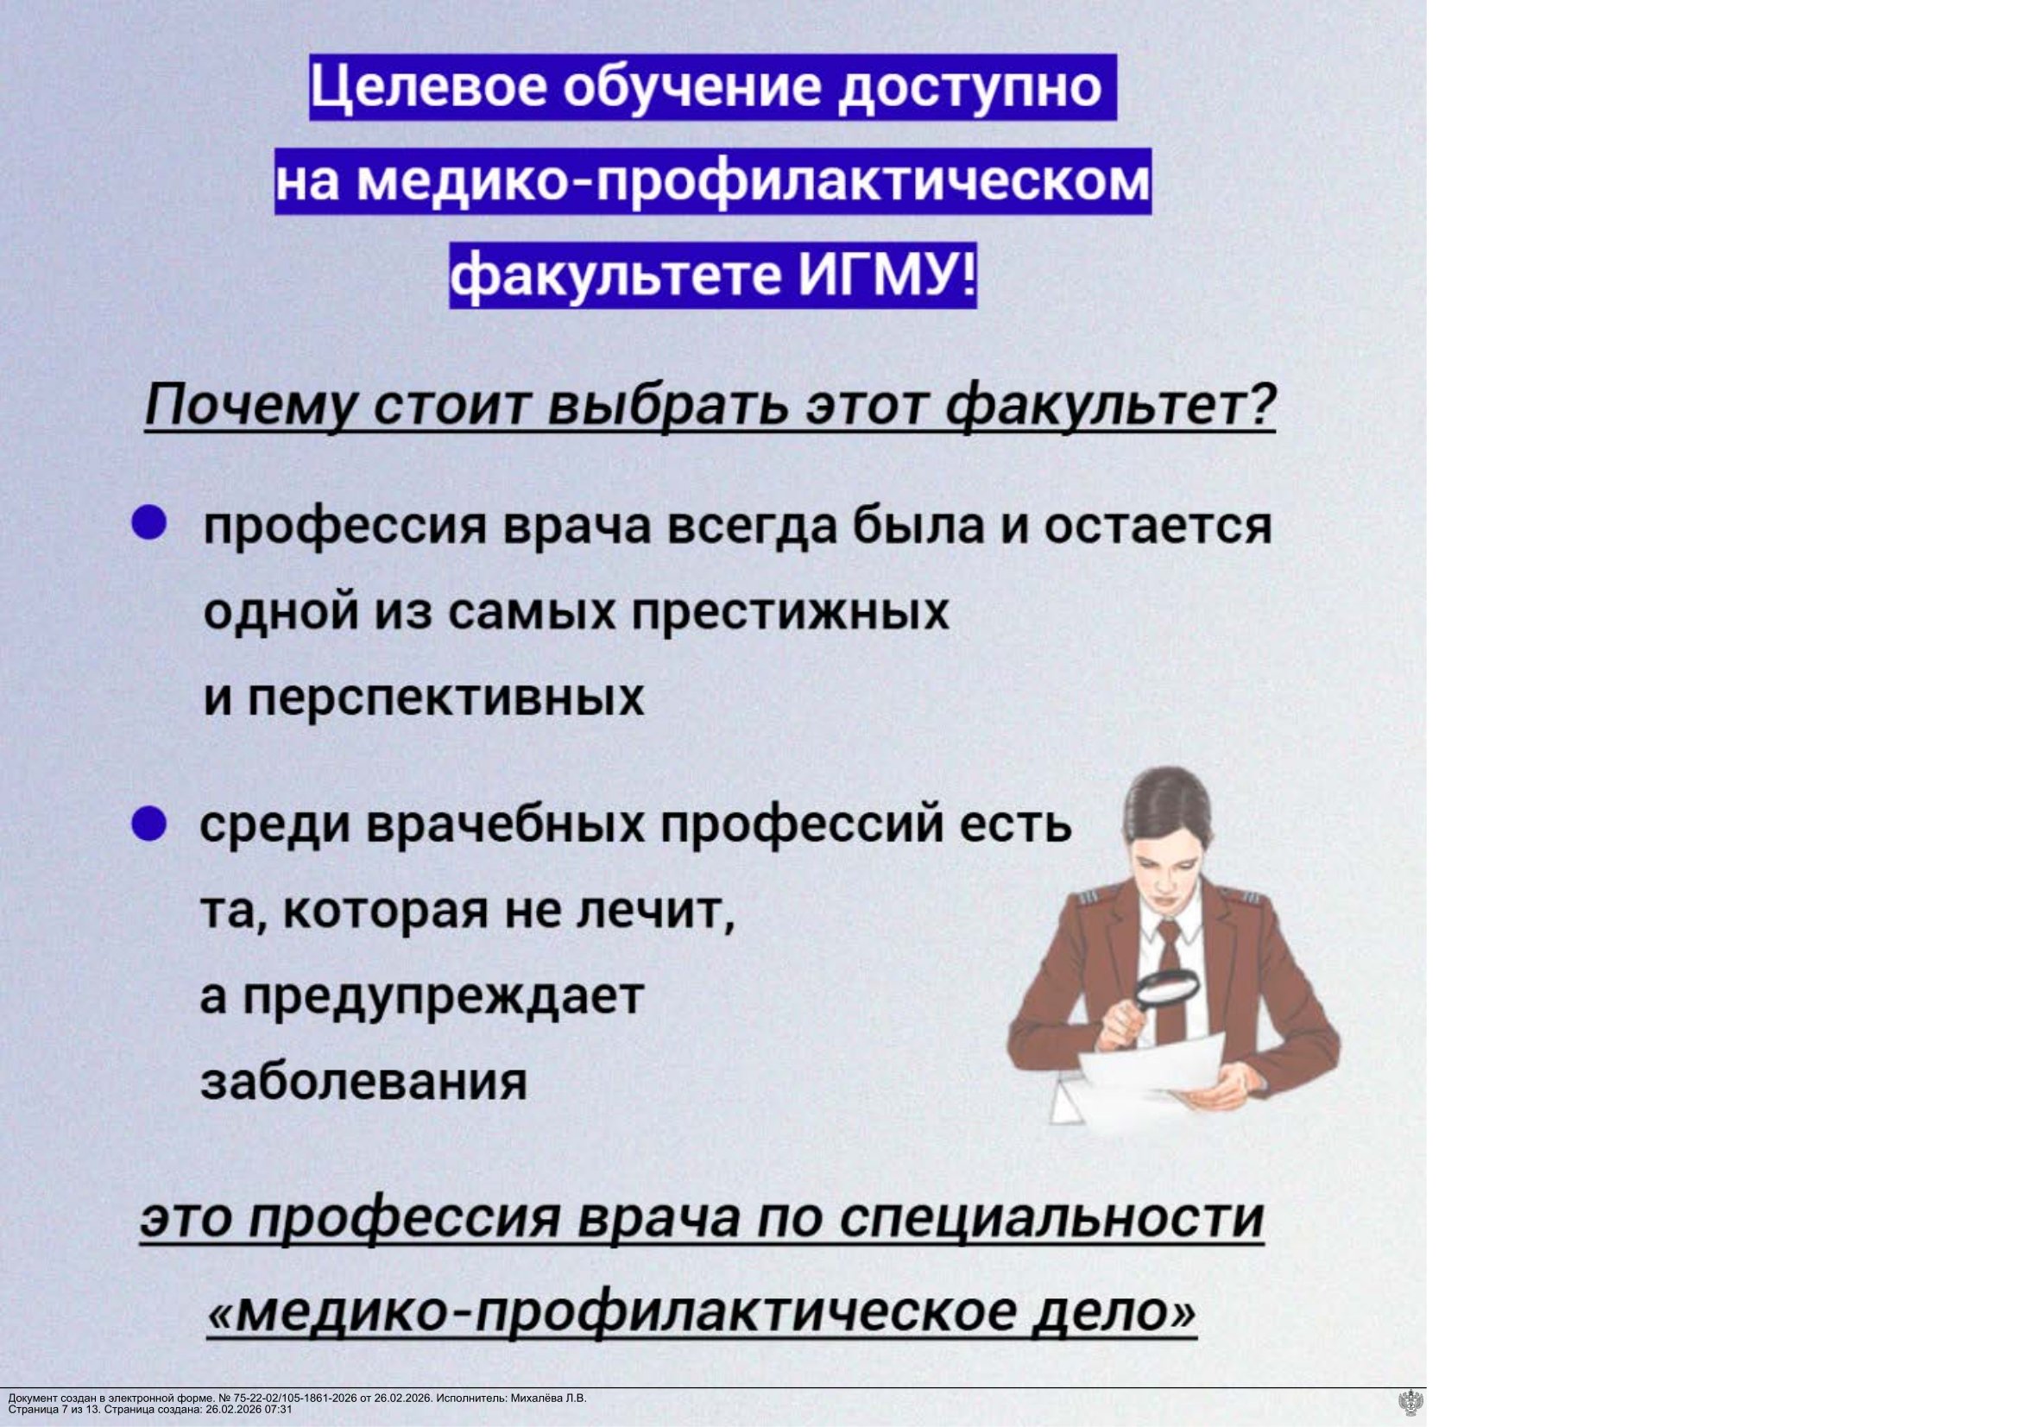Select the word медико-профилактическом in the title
pos(754,181)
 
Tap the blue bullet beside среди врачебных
pos(148,825)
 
